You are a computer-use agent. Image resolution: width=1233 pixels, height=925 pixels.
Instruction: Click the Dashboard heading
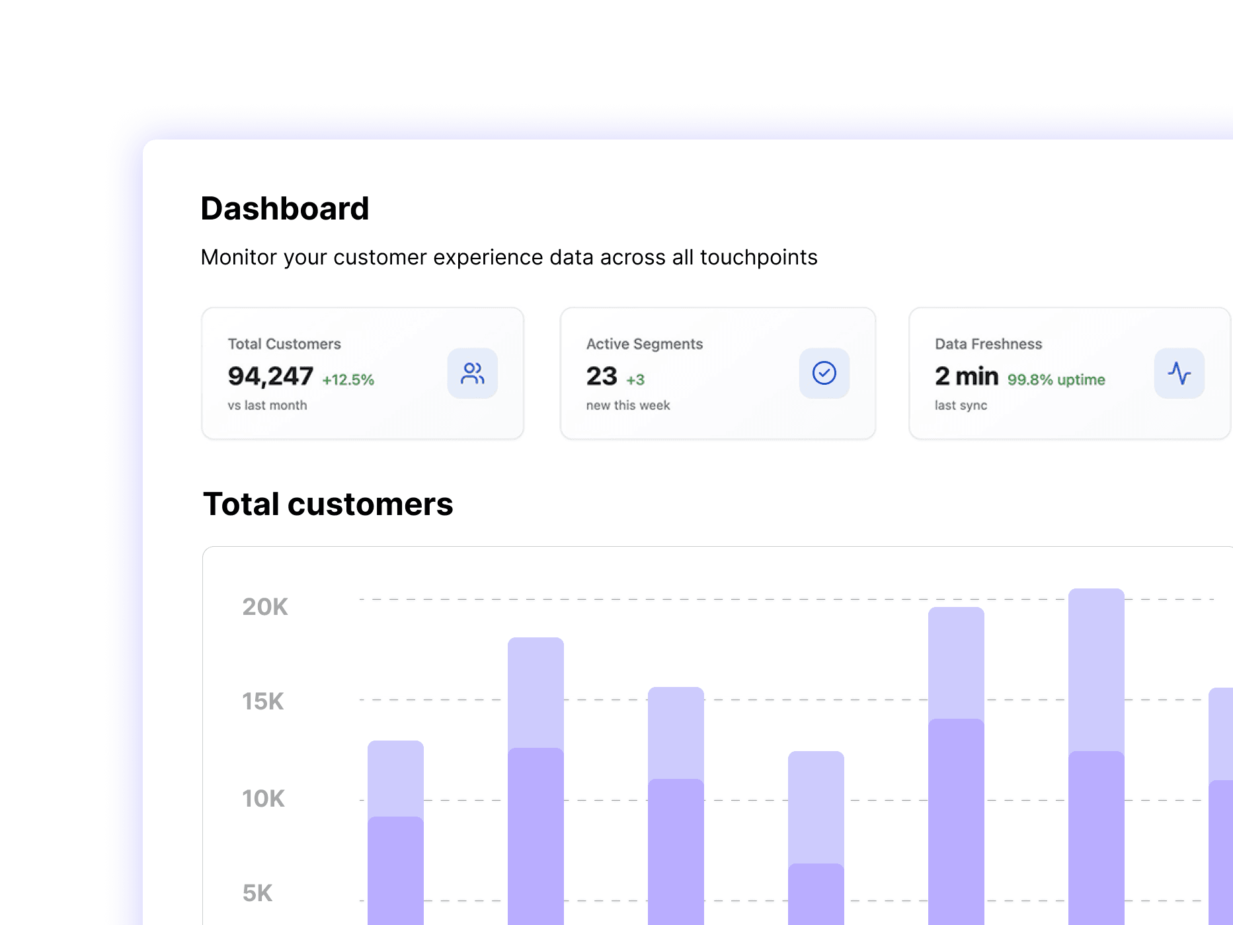[284, 209]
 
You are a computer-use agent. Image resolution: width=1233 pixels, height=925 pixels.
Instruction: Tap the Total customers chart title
[328, 504]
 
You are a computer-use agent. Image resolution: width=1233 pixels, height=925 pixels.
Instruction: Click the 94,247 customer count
[270, 376]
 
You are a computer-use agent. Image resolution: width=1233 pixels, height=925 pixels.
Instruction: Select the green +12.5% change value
[348, 380]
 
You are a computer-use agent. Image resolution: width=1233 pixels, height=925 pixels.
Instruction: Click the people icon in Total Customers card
[472, 374]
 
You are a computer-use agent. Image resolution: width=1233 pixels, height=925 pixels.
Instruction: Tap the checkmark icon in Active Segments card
[824, 374]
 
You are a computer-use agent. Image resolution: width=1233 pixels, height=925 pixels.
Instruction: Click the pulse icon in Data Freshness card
[1179, 374]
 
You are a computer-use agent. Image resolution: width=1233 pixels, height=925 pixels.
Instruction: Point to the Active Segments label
[644, 344]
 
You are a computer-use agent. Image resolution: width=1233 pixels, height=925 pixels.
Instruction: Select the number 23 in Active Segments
[601, 376]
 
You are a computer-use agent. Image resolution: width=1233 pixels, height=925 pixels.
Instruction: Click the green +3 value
[635, 380]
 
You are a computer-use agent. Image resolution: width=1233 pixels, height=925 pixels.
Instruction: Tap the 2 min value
[966, 376]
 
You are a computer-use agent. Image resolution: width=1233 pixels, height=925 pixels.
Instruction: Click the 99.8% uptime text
[1056, 380]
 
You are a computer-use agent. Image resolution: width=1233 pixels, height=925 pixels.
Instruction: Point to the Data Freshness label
[988, 344]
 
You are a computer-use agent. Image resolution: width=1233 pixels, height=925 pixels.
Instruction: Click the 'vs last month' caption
[267, 405]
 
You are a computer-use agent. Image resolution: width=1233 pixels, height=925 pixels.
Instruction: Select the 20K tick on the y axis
[264, 607]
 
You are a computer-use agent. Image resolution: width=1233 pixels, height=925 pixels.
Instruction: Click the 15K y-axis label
[262, 702]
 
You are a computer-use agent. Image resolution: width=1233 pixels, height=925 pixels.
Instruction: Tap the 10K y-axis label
[263, 799]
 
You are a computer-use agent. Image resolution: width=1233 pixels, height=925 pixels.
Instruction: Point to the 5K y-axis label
[257, 893]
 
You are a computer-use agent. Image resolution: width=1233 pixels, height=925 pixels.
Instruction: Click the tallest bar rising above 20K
[1096, 727]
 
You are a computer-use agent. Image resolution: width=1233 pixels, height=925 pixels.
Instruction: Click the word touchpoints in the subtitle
[758, 257]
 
